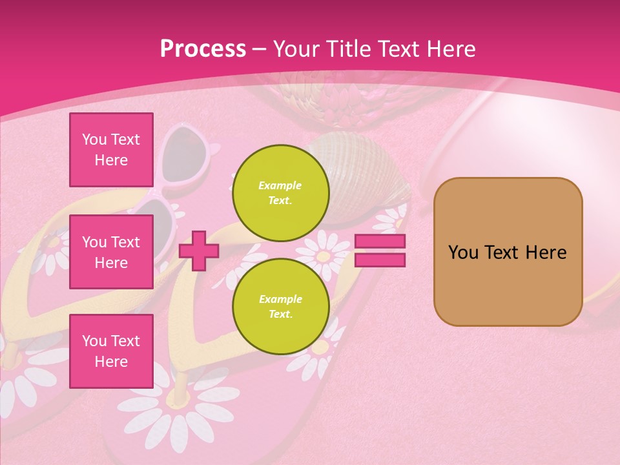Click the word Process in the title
203,49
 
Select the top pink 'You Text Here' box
111,150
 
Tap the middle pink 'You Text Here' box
111,252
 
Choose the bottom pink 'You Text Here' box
111,351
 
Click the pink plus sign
199,251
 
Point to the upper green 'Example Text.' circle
280,192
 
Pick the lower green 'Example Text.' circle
280,306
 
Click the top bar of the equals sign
380,242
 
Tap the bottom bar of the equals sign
380,260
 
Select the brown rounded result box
508,252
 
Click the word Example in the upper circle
280,185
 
